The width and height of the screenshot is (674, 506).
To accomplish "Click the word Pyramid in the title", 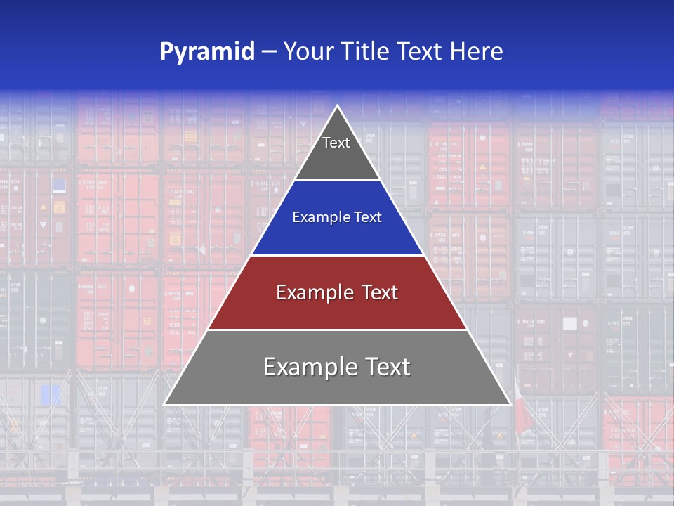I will click(207, 52).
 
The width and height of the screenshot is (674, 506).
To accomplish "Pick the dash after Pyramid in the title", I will click(269, 52).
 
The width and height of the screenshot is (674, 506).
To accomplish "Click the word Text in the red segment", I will click(380, 292).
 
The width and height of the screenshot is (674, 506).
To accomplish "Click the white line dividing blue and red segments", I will click(337, 255).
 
